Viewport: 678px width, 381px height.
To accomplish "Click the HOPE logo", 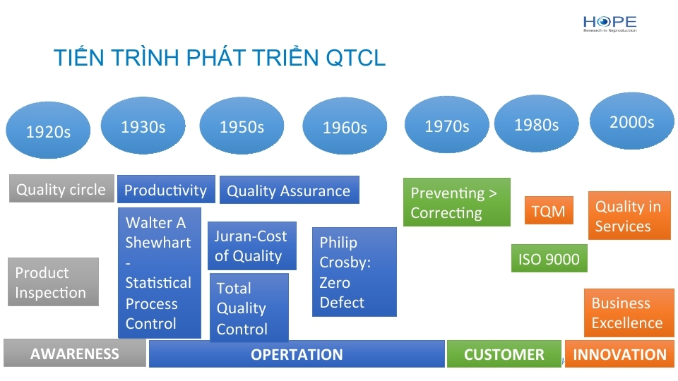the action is [609, 24].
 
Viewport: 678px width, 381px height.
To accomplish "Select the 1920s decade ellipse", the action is [48, 130].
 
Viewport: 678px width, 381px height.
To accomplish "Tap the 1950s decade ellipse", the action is [242, 126].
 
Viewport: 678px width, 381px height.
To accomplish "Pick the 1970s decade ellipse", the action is [446, 125].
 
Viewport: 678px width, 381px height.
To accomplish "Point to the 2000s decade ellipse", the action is [631, 121].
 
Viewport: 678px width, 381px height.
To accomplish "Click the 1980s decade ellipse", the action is [536, 123].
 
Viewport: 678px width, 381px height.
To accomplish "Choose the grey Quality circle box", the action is [61, 189].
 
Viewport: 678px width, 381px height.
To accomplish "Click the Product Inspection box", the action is [53, 282].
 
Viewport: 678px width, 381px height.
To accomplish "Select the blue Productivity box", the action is [166, 189].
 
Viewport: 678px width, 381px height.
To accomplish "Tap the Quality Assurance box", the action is [290, 190].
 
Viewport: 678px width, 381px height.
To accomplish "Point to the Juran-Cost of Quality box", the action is [252, 246].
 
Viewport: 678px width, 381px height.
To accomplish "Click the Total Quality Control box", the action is [249, 308].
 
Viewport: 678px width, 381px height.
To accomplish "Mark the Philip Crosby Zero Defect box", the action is [354, 272].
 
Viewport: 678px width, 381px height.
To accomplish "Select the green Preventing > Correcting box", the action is [457, 202].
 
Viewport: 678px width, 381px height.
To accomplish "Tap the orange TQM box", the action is [549, 210].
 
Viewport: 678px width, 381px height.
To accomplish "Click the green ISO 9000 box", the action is [549, 258].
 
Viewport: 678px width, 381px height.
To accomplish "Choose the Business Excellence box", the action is [629, 313].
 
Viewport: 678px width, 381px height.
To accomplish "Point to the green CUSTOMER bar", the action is [504, 353].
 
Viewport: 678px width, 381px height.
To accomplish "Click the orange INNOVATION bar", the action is [619, 353].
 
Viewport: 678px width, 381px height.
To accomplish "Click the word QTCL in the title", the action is [355, 58].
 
